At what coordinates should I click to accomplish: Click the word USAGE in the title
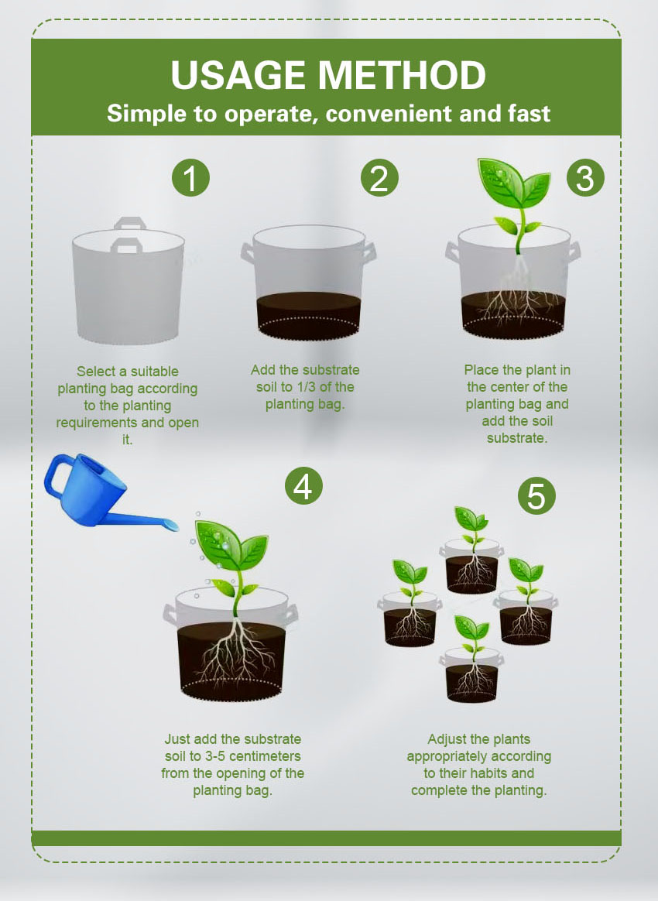click(238, 75)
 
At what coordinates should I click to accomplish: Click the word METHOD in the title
click(402, 75)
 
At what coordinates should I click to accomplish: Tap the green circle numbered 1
click(190, 177)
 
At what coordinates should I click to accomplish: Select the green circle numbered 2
click(379, 177)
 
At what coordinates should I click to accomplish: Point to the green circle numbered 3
click(585, 177)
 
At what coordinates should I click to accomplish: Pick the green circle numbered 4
click(303, 485)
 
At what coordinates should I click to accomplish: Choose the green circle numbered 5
click(536, 495)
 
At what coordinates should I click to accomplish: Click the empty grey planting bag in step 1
click(129, 282)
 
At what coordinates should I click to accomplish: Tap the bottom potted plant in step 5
click(471, 659)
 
